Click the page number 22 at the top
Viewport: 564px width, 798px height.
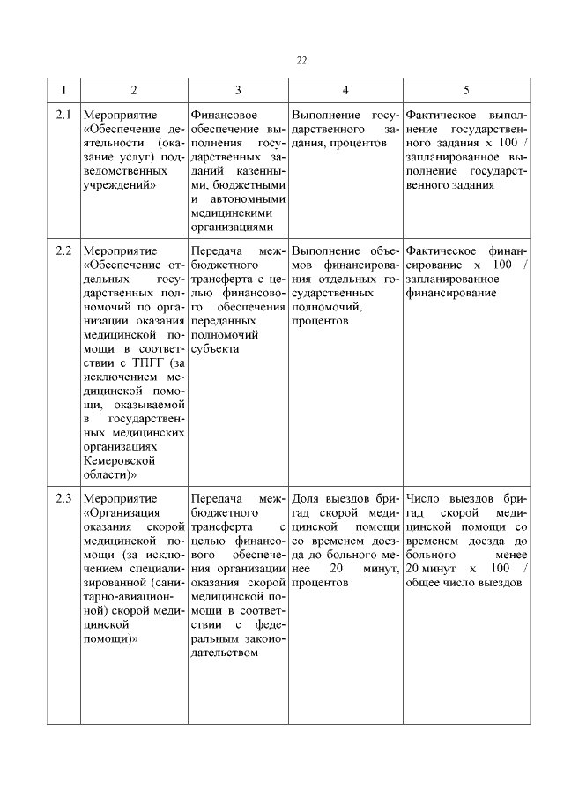(x=301, y=60)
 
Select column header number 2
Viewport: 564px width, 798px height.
(x=133, y=90)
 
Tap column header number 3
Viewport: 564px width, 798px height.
(x=238, y=90)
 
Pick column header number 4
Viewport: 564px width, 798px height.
(x=345, y=90)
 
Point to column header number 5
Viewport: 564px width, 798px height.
(x=466, y=90)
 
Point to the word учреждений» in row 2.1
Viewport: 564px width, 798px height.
(x=118, y=185)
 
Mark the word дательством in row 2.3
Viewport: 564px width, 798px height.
(x=224, y=653)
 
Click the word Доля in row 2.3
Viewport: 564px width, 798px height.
(x=305, y=498)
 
